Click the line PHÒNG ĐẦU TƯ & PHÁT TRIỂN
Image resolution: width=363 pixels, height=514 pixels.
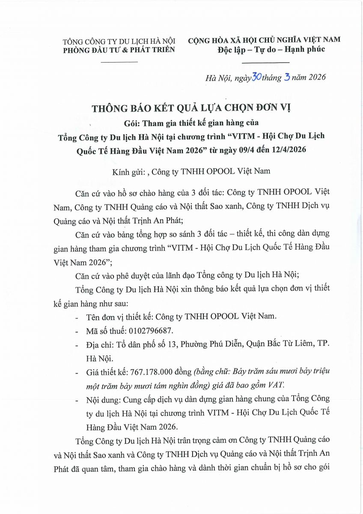[x=119, y=50]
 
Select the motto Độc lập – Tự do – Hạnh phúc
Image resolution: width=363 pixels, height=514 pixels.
[x=271, y=49]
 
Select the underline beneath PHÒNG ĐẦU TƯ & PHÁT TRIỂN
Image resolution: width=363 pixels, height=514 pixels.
[x=119, y=62]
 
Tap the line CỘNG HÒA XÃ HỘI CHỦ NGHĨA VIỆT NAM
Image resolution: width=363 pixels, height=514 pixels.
[x=264, y=40]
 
